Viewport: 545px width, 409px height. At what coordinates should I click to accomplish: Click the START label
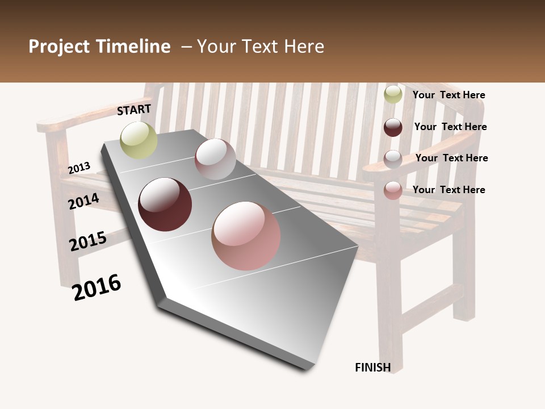(134, 110)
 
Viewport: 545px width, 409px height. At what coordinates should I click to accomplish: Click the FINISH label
(373, 368)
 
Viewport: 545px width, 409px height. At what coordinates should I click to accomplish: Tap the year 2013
(79, 168)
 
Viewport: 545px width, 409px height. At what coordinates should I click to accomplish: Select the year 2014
(84, 201)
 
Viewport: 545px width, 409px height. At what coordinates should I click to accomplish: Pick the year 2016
(97, 287)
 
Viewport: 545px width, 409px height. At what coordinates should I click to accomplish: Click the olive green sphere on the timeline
(139, 140)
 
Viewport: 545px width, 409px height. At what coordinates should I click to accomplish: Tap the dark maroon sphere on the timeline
(165, 204)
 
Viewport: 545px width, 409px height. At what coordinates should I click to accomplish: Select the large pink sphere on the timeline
(246, 236)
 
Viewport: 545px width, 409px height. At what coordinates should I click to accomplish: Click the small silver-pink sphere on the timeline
(215, 159)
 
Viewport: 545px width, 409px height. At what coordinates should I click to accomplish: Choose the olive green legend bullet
(393, 94)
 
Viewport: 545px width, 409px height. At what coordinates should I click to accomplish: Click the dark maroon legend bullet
(393, 127)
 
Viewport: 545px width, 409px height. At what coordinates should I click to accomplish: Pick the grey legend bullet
(393, 159)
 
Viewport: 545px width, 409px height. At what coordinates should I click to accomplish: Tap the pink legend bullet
(393, 190)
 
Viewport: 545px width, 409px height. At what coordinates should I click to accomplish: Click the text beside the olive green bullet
(448, 95)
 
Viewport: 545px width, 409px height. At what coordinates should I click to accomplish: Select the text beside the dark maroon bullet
(450, 127)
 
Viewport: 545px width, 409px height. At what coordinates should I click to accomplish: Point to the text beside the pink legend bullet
(448, 190)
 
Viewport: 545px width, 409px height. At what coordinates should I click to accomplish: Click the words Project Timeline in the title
(99, 47)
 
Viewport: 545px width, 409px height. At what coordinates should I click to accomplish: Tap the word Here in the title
(304, 47)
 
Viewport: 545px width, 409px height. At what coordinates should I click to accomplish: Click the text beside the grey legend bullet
(451, 158)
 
